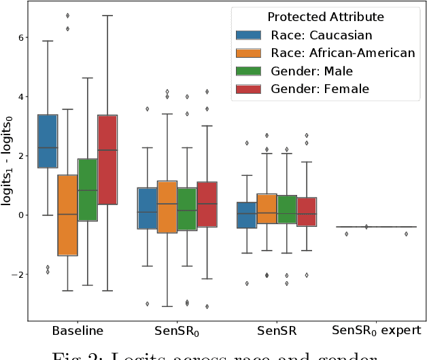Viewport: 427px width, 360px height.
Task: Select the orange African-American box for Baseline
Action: coord(67,215)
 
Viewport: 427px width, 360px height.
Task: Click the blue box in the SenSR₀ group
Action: coord(148,208)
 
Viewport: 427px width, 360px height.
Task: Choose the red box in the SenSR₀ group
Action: coord(207,204)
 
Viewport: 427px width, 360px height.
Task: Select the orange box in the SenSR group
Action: coord(267,209)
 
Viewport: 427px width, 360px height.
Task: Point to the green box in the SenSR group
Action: coord(287,210)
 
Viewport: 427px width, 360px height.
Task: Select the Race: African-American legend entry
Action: coord(325,52)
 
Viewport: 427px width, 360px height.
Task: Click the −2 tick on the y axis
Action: coord(18,274)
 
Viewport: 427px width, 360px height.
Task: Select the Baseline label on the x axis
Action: coord(78,331)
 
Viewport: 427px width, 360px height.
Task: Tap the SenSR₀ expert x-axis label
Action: coord(376,331)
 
